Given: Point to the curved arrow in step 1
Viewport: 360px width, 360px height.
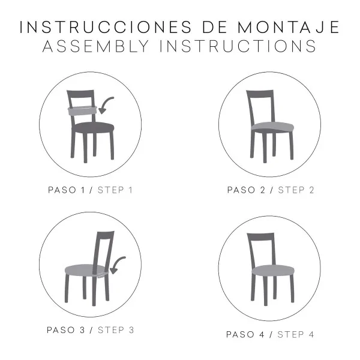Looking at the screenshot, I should (x=106, y=105).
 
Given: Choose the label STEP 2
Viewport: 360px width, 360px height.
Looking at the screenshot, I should (x=296, y=190).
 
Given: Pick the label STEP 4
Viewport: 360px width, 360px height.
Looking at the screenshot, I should (x=296, y=334).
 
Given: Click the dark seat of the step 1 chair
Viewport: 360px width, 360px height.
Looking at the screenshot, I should (x=94, y=127).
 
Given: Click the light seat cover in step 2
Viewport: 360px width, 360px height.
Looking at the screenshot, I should (x=272, y=127).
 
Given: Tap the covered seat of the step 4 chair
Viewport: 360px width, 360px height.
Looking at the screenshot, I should (x=272, y=270).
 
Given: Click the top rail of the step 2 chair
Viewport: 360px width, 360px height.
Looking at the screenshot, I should (x=260, y=94).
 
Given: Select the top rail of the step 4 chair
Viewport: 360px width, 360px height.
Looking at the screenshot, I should (x=261, y=237).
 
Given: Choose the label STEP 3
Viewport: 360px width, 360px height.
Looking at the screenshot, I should (x=116, y=329).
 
